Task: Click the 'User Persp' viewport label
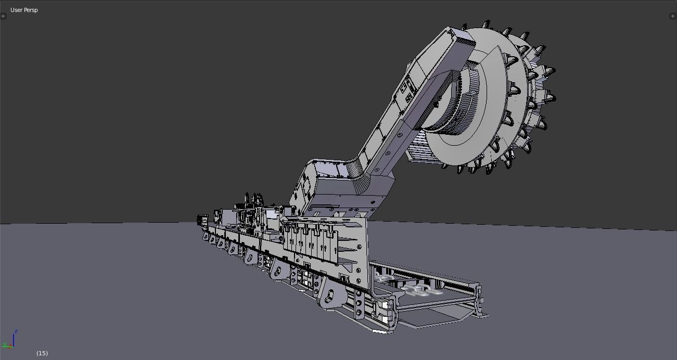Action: (24, 10)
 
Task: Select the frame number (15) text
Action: (42, 353)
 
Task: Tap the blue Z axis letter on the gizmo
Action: (16, 331)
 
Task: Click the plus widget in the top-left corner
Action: (3, 16)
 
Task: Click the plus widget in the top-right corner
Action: (672, 16)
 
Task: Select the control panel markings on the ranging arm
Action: (406, 91)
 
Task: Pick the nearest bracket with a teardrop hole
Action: (329, 295)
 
